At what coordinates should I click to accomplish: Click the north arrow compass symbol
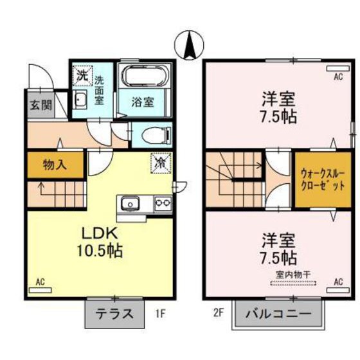click(189, 45)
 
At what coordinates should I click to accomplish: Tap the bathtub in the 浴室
click(144, 76)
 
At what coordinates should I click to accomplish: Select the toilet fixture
click(156, 136)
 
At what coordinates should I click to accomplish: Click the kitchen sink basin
click(130, 204)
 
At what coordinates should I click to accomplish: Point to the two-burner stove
click(163, 203)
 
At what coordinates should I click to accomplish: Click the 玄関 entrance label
click(41, 105)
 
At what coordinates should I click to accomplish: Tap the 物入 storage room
click(55, 165)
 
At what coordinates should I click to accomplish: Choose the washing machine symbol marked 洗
click(83, 76)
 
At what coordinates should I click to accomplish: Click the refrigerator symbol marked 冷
click(161, 163)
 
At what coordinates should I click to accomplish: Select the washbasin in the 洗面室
click(80, 100)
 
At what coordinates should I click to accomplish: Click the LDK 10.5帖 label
click(100, 242)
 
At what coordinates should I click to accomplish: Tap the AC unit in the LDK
click(40, 290)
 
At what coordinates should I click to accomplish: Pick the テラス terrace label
click(114, 314)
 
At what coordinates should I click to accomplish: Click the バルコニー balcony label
click(278, 314)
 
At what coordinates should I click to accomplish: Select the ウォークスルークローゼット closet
click(323, 180)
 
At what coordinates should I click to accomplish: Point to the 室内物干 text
click(293, 274)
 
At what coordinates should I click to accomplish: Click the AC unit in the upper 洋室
click(338, 68)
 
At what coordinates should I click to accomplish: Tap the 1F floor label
click(160, 314)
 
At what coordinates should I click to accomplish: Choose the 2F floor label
click(218, 313)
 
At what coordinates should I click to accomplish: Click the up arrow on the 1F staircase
click(42, 188)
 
